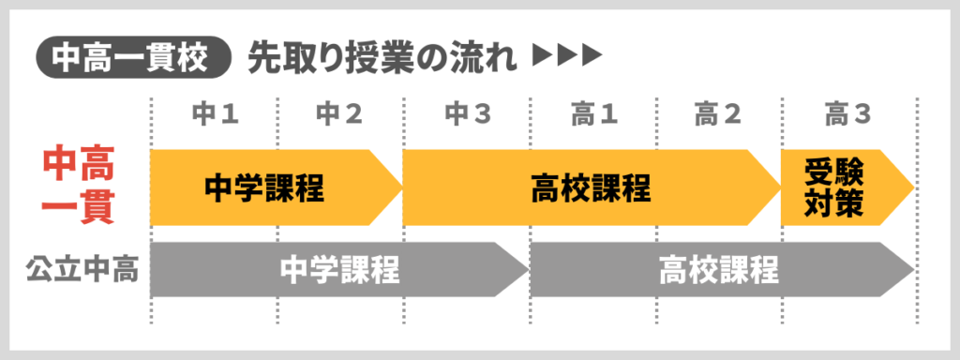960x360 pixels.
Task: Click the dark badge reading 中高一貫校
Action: [x=132, y=58]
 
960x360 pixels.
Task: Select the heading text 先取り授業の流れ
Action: [x=382, y=58]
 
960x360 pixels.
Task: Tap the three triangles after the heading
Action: [x=565, y=58]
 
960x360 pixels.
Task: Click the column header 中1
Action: [x=215, y=115]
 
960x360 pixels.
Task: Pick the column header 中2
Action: [x=339, y=115]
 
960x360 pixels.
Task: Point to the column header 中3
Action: [x=467, y=115]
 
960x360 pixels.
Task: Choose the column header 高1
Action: [x=593, y=115]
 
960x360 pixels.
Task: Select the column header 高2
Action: [x=718, y=115]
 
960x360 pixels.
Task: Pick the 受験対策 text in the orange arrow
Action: [x=833, y=187]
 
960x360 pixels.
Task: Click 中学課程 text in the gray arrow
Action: [x=340, y=270]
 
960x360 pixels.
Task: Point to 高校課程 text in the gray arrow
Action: [x=718, y=270]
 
